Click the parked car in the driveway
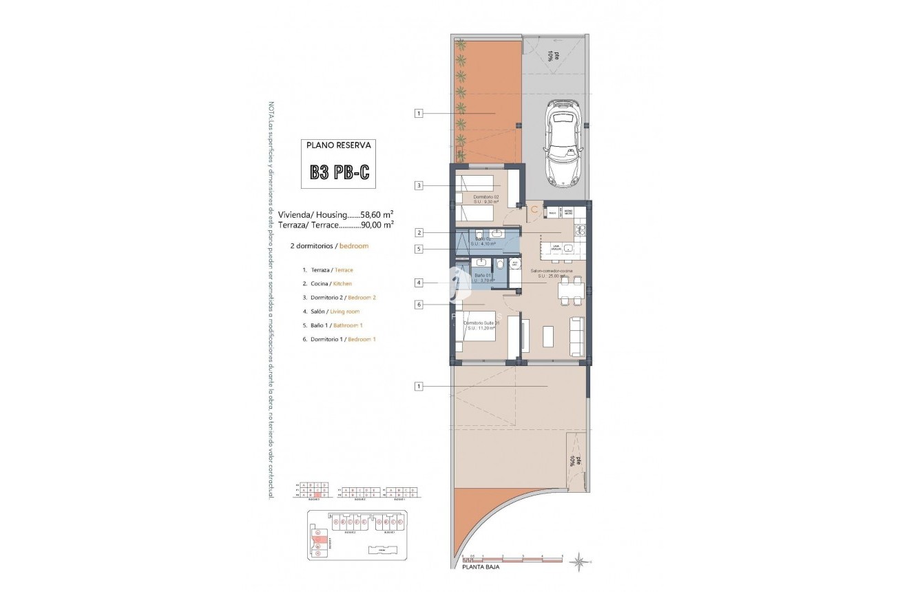click(x=564, y=143)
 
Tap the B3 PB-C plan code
click(x=339, y=172)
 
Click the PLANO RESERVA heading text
click(x=339, y=145)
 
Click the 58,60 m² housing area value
click(x=377, y=214)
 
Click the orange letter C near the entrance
click(x=533, y=210)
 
